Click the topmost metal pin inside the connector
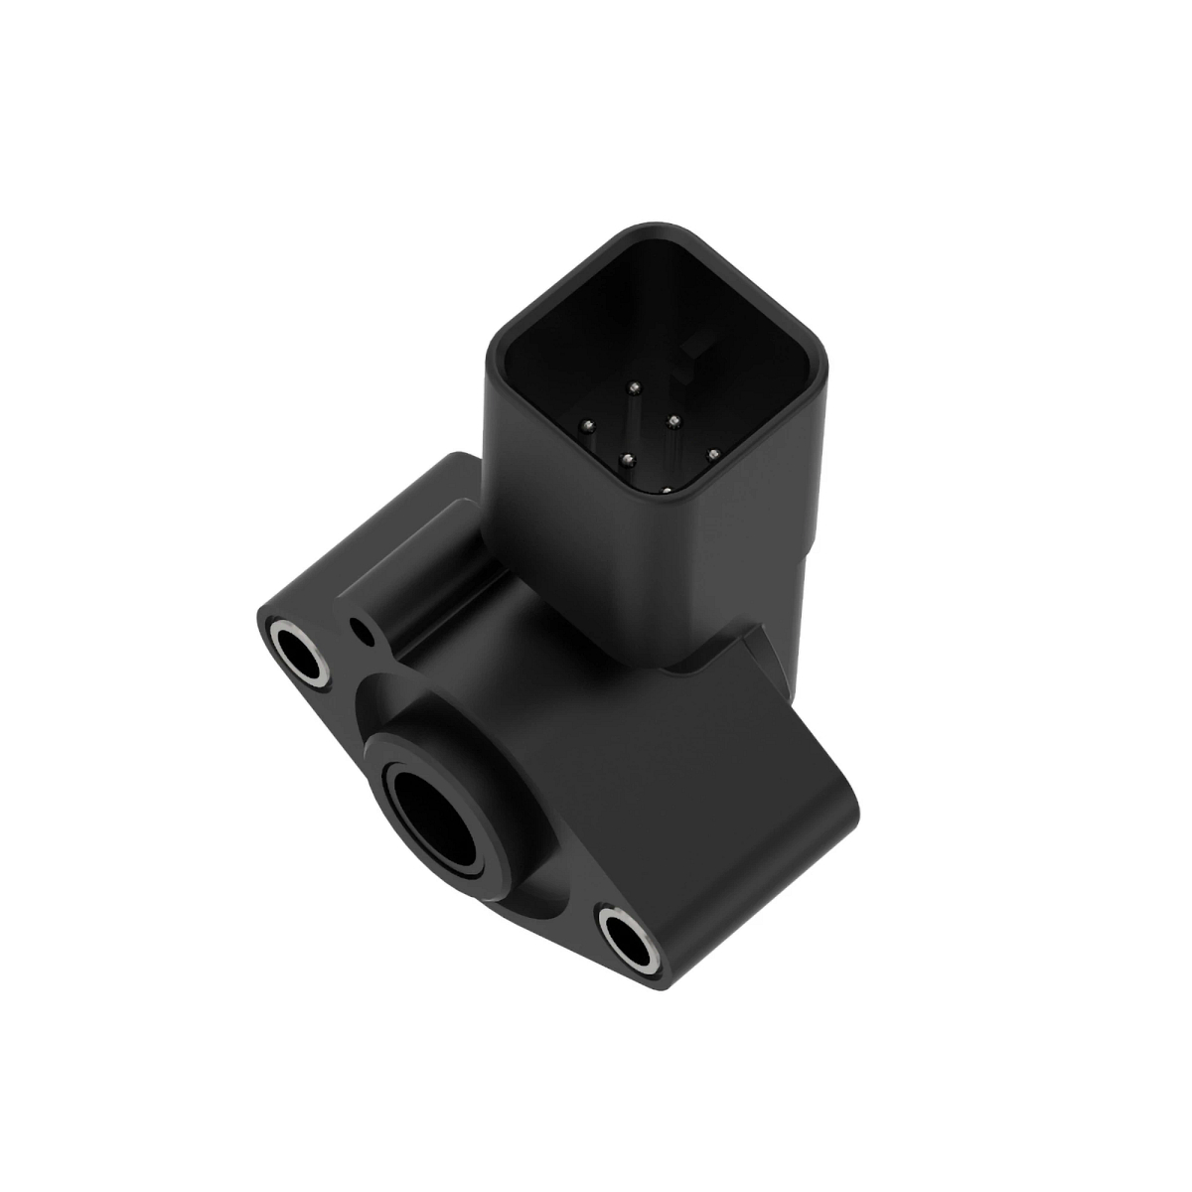click(x=634, y=386)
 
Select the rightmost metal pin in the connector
click(x=712, y=456)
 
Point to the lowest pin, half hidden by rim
click(x=665, y=488)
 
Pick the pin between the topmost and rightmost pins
click(x=672, y=420)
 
